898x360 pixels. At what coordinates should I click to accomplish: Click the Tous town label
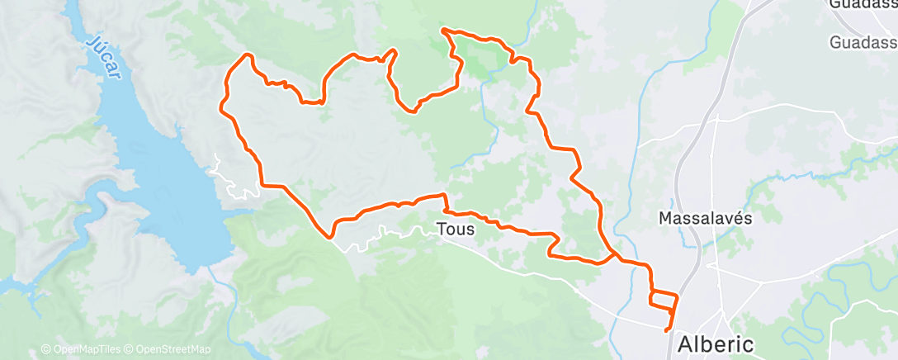click(456, 230)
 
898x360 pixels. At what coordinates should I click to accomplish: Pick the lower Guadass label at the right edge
click(863, 41)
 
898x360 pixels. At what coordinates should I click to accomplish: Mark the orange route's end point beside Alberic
click(667, 331)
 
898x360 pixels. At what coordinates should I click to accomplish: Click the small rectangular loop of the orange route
click(664, 300)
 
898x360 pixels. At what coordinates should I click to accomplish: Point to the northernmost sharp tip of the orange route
click(444, 31)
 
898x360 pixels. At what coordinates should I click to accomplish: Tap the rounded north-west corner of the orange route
click(245, 55)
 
